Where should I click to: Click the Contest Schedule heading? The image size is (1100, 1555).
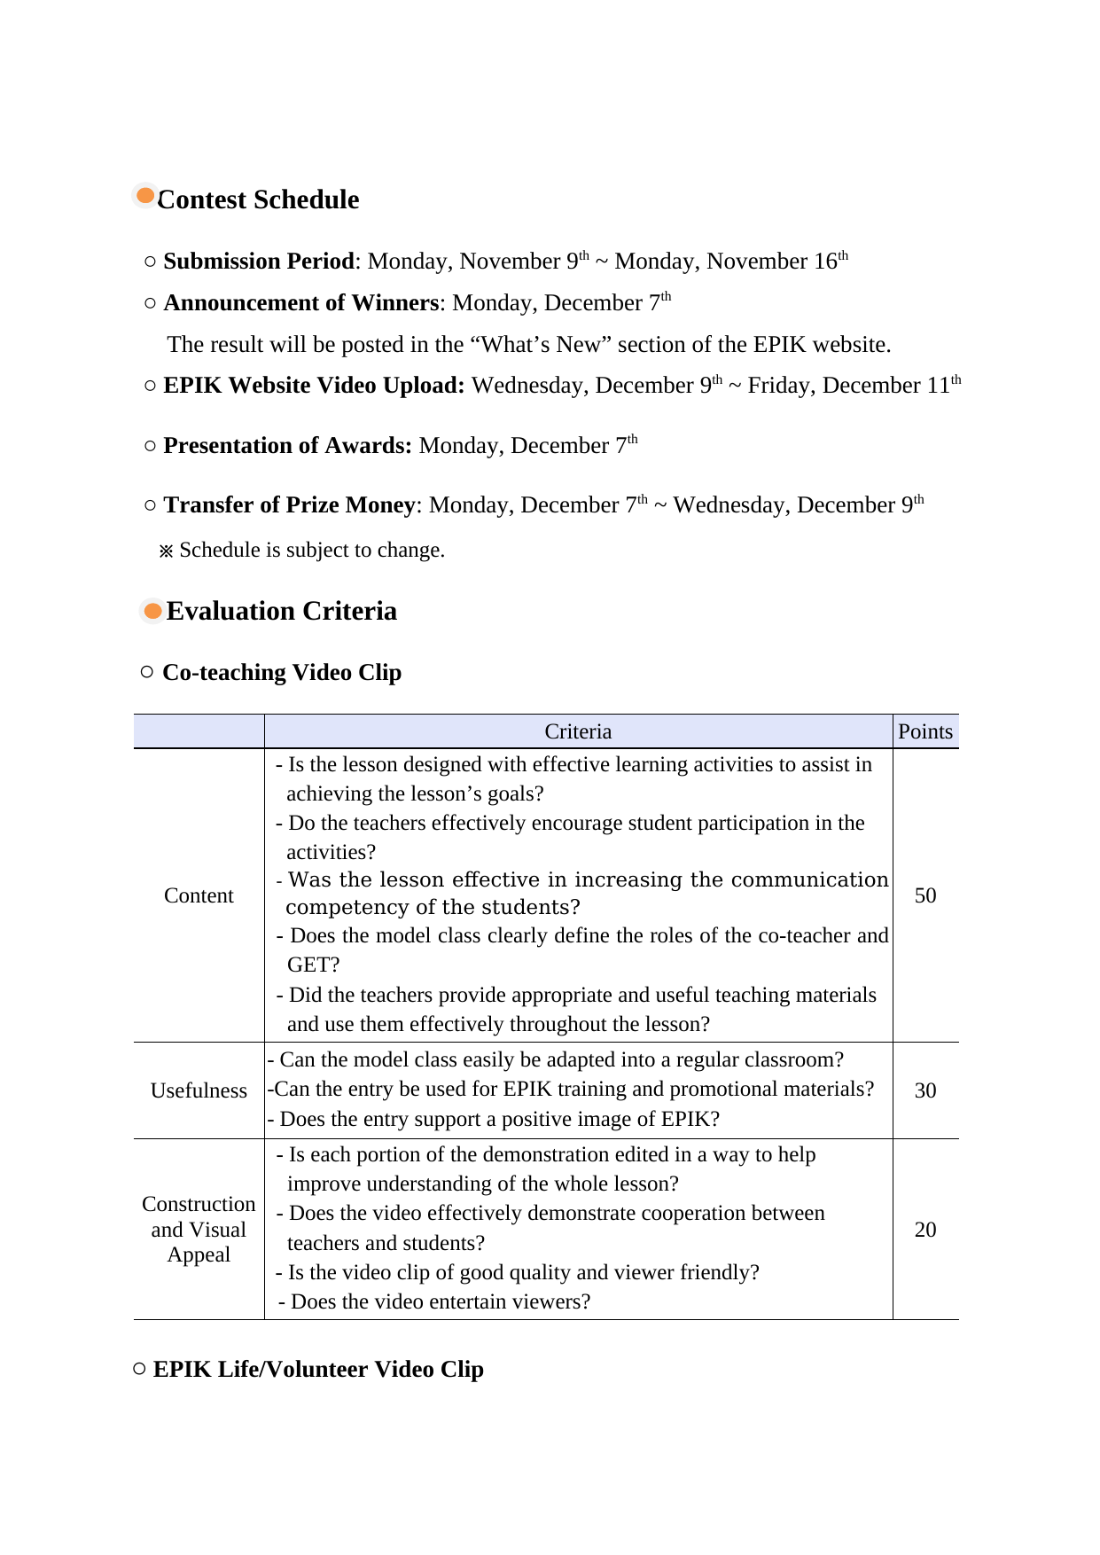(x=258, y=199)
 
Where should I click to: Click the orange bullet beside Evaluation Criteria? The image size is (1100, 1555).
(x=152, y=611)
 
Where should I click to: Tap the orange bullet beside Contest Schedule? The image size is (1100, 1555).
(x=145, y=195)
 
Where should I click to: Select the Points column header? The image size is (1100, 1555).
(x=924, y=731)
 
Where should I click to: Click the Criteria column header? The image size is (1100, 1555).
(x=578, y=731)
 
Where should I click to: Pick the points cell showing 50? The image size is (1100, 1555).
(x=924, y=895)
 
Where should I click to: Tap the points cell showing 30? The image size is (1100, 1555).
(x=924, y=1090)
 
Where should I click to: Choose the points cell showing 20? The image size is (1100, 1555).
(x=924, y=1230)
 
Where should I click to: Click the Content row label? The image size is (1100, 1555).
(x=199, y=895)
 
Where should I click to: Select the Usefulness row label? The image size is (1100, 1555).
(x=199, y=1090)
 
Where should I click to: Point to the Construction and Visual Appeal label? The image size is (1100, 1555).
(x=199, y=1230)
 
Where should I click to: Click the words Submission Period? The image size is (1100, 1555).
(x=259, y=262)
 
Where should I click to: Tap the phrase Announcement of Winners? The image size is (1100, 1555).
(x=301, y=303)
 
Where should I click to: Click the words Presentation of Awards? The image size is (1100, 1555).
(x=287, y=446)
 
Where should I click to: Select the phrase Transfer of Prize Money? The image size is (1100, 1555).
(x=289, y=505)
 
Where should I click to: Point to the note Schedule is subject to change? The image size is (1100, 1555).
(x=311, y=551)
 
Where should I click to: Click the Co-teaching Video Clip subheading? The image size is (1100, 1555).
(x=282, y=673)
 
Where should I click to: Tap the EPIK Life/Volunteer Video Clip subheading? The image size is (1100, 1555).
(x=318, y=1370)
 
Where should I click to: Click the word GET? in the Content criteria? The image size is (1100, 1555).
(x=313, y=965)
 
